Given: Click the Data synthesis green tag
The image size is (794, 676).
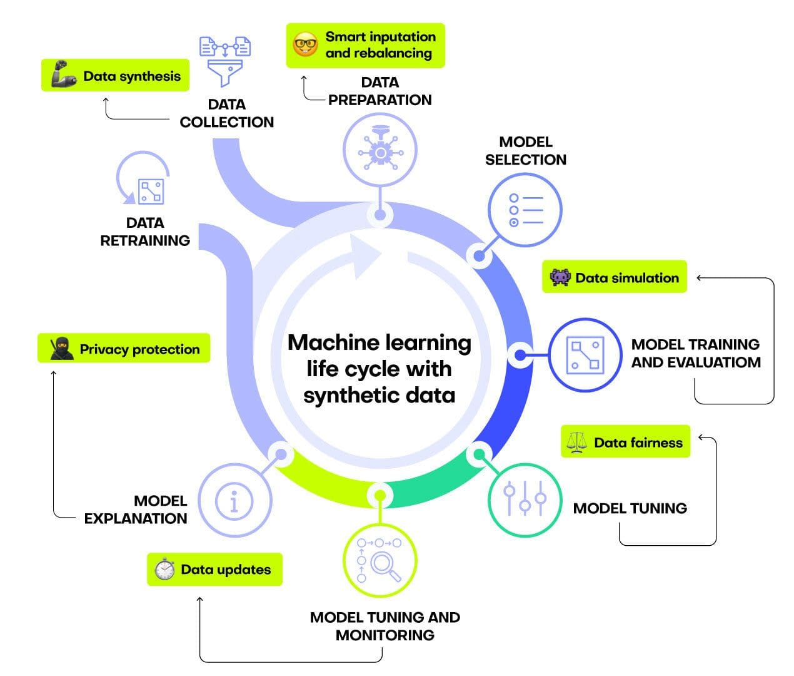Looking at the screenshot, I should tap(116, 76).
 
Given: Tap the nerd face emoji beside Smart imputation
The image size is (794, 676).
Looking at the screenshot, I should tap(306, 45).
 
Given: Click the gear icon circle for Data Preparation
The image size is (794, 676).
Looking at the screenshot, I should tap(379, 151).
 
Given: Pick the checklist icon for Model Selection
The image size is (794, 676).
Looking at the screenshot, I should tap(525, 210).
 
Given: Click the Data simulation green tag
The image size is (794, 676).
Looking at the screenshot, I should tap(615, 277).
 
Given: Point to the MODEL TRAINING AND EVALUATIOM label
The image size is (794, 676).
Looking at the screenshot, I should tap(695, 353).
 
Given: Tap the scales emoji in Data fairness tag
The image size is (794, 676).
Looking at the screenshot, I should tap(576, 443).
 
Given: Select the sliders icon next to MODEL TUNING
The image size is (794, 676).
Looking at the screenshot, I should tap(525, 499).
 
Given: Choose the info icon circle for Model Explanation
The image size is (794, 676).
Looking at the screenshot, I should tap(234, 501).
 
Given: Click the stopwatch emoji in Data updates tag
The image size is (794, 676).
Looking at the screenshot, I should tap(164, 569).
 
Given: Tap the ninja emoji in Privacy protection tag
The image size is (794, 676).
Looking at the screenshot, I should tap(61, 349).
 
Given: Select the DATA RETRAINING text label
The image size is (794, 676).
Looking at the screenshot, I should tap(145, 232).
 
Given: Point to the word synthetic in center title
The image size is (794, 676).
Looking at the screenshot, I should tap(347, 396).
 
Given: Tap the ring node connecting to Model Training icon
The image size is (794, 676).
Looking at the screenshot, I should tap(520, 355).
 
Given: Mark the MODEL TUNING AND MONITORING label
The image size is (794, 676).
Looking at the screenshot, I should tap(384, 626).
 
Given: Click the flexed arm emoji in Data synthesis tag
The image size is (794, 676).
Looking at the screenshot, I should tap(64, 75).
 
